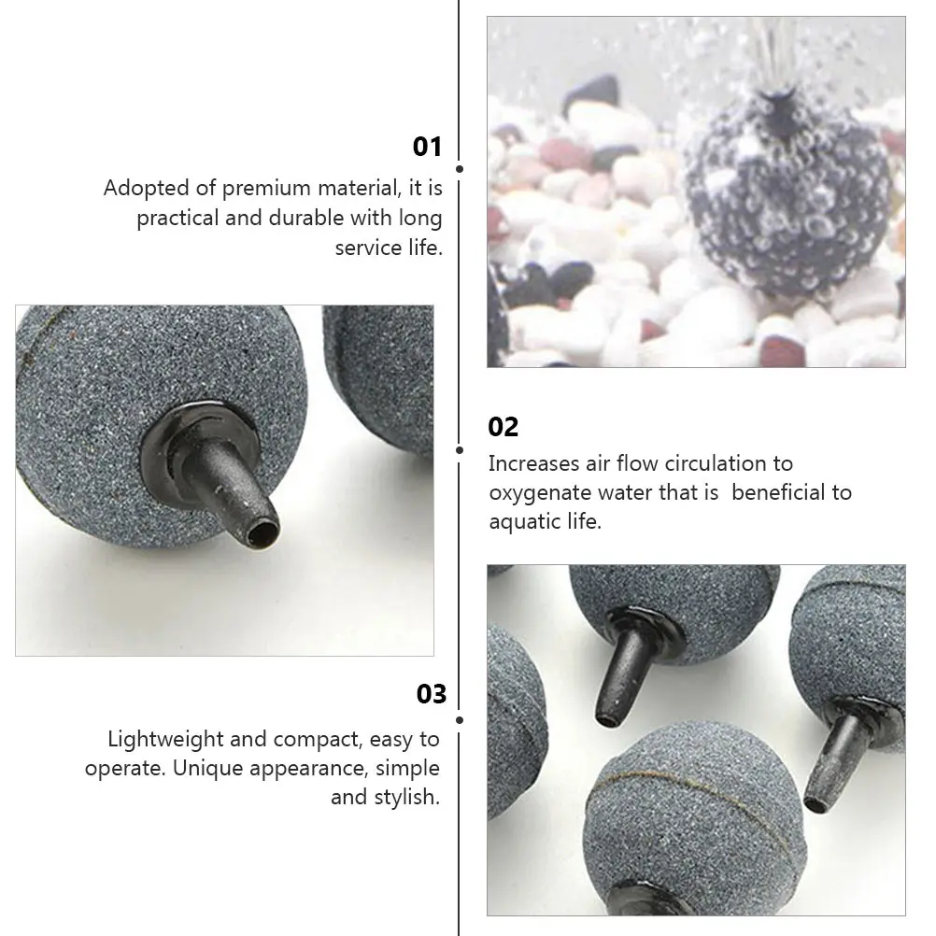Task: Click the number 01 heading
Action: point(427,148)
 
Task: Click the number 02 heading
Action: point(503,428)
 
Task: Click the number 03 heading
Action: point(432,694)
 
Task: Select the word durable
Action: point(306,219)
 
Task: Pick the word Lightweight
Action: point(165,740)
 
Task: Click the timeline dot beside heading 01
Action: point(460,169)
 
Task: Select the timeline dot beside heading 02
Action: point(460,449)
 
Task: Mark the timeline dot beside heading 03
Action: point(460,720)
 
